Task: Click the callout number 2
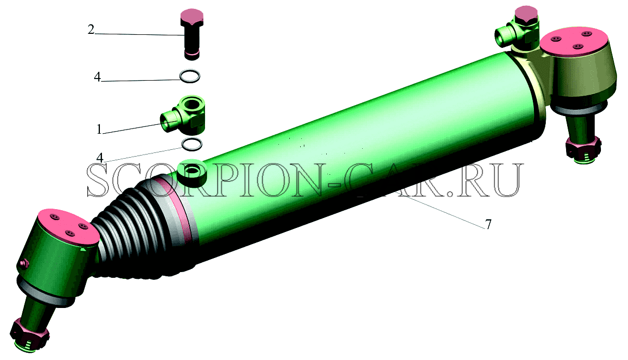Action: [91, 30]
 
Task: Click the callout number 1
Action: [99, 129]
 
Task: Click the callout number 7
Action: [488, 224]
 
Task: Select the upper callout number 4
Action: [97, 77]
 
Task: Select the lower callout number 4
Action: [99, 158]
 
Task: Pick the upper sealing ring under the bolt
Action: [190, 76]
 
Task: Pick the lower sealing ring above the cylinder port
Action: [192, 144]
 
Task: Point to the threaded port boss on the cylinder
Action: [193, 172]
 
